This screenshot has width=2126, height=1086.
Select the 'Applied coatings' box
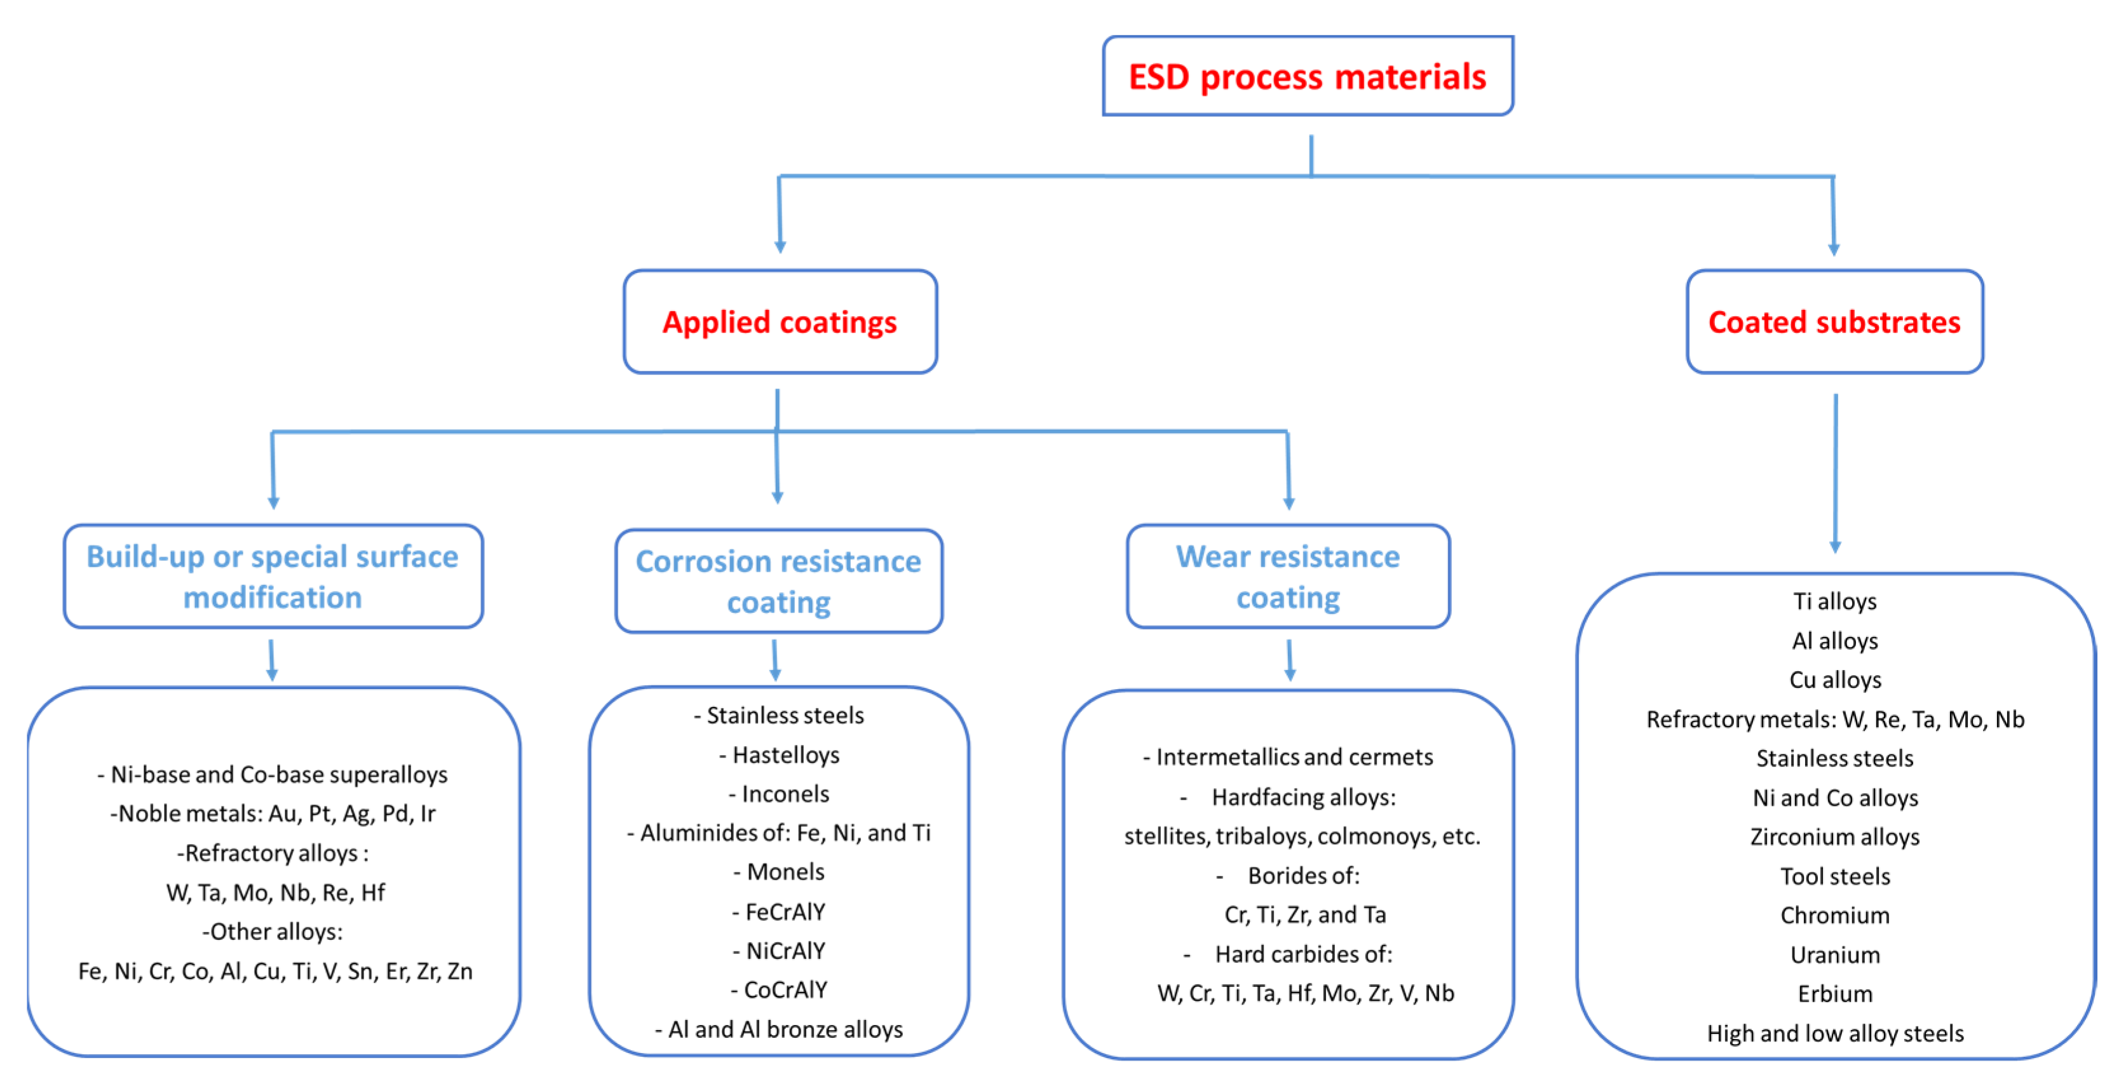pos(779,322)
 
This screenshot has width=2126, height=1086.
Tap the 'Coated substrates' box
pos(1834,322)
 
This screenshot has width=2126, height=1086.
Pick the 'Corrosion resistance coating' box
pos(778,581)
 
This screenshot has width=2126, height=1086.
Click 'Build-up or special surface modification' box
pos(273,576)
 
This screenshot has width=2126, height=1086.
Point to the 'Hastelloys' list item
pos(779,754)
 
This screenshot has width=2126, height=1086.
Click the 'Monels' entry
pos(779,871)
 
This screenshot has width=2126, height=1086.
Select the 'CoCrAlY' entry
pos(779,989)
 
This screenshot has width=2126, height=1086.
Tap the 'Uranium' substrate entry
pos(1834,955)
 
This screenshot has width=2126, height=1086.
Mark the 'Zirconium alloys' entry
pos(1834,837)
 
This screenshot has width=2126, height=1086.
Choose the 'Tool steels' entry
pos(1834,876)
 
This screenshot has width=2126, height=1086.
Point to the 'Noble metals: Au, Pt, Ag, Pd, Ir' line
pos(273,814)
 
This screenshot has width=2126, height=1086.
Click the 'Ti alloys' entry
pos(1834,601)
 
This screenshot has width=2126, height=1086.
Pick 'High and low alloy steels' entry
pos(1834,1033)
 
